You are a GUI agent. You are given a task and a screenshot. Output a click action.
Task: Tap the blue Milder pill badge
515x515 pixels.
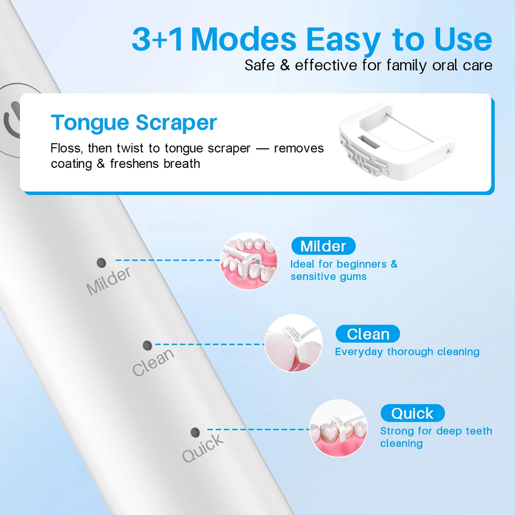(323, 246)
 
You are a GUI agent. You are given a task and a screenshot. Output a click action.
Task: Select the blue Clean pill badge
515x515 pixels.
(367, 334)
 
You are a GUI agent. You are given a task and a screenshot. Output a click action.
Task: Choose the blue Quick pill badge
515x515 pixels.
(412, 413)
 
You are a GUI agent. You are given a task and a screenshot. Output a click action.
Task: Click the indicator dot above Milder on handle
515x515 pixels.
(101, 263)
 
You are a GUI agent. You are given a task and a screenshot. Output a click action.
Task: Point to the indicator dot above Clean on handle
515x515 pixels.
(147, 345)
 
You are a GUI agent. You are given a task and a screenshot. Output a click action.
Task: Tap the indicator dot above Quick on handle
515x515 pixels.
(195, 432)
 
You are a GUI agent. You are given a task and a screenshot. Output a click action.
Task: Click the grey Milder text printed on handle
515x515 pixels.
(109, 281)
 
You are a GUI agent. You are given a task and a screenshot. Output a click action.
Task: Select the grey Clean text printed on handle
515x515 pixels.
(153, 362)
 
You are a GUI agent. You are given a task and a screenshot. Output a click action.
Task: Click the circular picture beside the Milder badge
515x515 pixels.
(249, 261)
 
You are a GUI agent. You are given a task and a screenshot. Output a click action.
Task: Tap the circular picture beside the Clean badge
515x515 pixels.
(294, 343)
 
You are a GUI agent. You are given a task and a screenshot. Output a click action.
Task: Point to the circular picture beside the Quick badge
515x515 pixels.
(338, 428)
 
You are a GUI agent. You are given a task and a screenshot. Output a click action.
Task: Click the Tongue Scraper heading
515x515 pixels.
(134, 123)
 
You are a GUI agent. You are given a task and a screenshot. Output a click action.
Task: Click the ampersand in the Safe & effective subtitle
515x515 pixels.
(285, 65)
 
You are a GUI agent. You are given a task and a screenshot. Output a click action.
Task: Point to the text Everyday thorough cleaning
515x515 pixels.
(407, 352)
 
